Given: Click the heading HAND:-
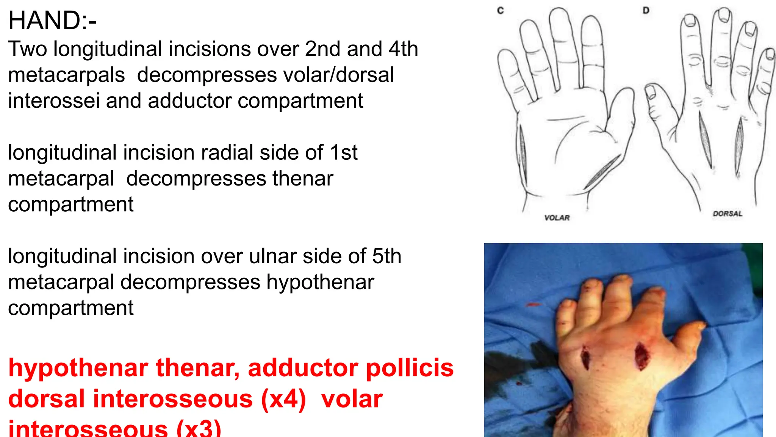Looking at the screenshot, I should click(x=52, y=20).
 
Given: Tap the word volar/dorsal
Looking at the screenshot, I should click(x=265, y=75).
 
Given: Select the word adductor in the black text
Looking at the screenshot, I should click(x=191, y=101).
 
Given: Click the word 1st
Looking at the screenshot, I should click(x=343, y=152).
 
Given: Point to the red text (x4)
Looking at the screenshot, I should click(x=283, y=399).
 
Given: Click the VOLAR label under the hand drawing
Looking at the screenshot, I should click(x=557, y=218).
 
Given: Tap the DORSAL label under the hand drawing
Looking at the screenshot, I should click(x=727, y=214).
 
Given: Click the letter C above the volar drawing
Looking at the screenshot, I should click(x=501, y=11).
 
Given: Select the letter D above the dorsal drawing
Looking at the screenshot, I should click(x=646, y=11).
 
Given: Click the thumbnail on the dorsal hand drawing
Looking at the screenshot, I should click(x=651, y=91).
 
